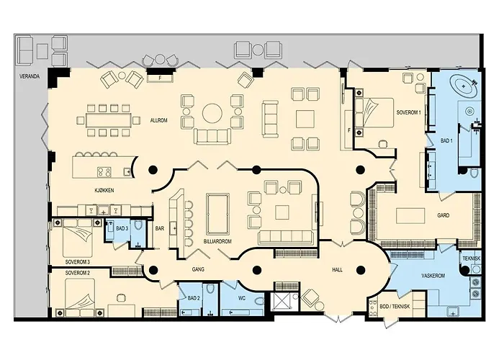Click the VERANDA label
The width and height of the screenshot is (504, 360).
click(30, 75)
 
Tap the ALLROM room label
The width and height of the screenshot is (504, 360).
click(158, 120)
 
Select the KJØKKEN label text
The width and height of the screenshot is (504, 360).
click(105, 189)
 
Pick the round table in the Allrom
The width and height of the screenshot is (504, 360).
click(212, 114)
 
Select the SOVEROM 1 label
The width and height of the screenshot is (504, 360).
click(409, 112)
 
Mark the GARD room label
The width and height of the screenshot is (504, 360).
click(444, 215)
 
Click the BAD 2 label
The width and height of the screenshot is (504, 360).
click(193, 297)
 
